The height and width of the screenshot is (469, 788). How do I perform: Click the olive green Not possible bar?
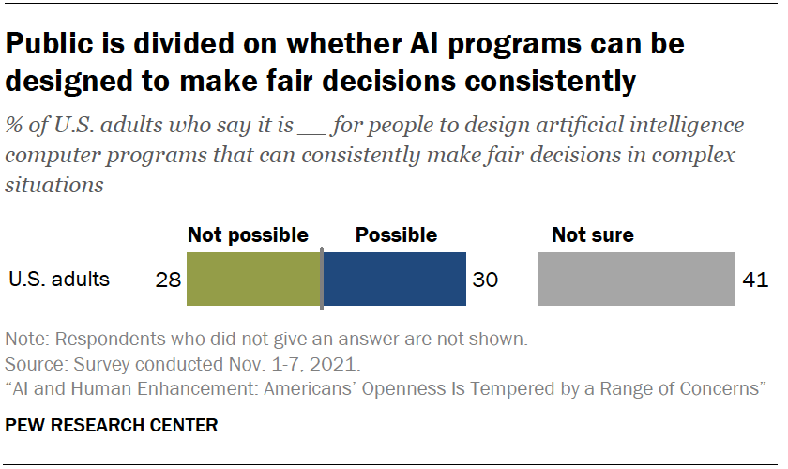click(253, 280)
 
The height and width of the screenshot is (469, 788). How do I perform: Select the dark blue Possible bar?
click(394, 280)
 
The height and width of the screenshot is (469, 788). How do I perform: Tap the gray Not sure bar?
click(636, 280)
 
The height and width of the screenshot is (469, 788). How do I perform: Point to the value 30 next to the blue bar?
click(486, 280)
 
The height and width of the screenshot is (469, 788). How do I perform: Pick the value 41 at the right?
click(755, 280)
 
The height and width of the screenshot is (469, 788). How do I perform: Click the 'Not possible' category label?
click(248, 235)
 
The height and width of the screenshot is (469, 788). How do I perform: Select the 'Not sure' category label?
click(592, 235)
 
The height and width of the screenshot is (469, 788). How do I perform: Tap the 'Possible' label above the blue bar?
click(396, 235)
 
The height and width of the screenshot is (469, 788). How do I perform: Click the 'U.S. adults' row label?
click(59, 280)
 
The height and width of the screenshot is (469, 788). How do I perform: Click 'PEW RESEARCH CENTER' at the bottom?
click(112, 426)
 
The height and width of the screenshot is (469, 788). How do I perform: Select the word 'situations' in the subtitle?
click(54, 185)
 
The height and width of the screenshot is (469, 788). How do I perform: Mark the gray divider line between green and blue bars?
click(322, 280)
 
